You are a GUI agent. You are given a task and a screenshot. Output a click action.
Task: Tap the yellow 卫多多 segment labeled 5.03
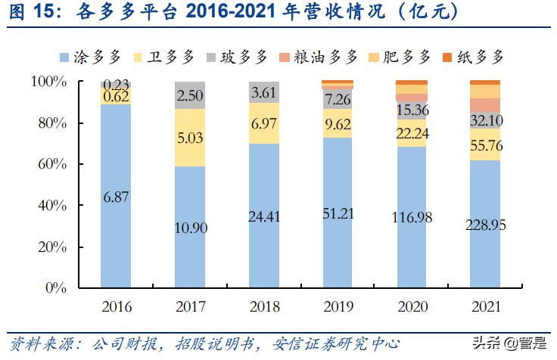tap(189, 137)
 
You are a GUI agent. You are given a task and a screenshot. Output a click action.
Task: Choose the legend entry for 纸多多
tap(474, 56)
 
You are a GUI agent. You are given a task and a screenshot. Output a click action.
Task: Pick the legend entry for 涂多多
tap(92, 56)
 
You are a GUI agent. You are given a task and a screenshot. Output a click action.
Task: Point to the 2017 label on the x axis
tap(189, 306)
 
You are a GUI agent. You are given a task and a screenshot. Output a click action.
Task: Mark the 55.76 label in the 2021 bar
tap(484, 145)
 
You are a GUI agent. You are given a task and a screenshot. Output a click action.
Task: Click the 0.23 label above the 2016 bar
tap(116, 84)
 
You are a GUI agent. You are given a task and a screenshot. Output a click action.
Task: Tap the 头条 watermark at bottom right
tap(496, 343)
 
